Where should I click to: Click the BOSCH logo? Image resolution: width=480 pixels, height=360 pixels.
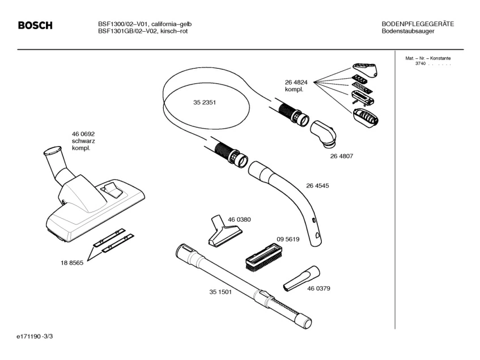pos(35,26)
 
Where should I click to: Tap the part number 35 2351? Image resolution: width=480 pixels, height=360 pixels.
pos(205,103)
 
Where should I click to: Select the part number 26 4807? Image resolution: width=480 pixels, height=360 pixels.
pos(341,156)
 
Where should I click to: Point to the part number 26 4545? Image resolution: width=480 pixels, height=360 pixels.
pos(317,185)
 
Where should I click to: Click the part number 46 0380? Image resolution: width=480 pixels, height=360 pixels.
pos(239,219)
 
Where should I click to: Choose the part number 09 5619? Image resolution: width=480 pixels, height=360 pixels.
pos(288,239)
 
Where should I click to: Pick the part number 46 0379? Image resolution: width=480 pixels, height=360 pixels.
pos(318,289)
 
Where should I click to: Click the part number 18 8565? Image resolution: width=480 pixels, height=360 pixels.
pos(72,263)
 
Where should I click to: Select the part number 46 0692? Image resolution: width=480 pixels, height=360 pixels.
pos(83,133)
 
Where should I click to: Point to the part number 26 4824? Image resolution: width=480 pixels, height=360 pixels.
pos(296,82)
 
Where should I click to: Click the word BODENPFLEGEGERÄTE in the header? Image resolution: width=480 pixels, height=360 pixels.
pos(418,24)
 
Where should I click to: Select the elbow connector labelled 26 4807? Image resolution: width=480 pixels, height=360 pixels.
pos(324,132)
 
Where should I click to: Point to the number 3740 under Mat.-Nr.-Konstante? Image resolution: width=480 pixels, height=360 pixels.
pos(420,63)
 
